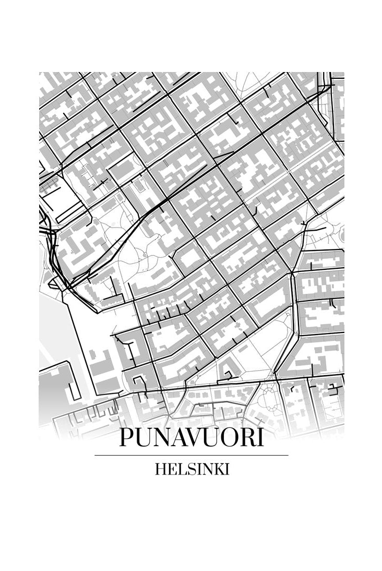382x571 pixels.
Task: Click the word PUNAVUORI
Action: pos(191,437)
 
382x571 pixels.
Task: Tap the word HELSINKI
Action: pos(192,469)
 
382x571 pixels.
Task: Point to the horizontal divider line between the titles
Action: pos(191,455)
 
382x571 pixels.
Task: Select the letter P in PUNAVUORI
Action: pos(126,437)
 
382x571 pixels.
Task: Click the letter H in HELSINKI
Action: pos(160,469)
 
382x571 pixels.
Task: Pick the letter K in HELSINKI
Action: pos(219,469)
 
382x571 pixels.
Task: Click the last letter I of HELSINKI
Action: pos(227,469)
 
